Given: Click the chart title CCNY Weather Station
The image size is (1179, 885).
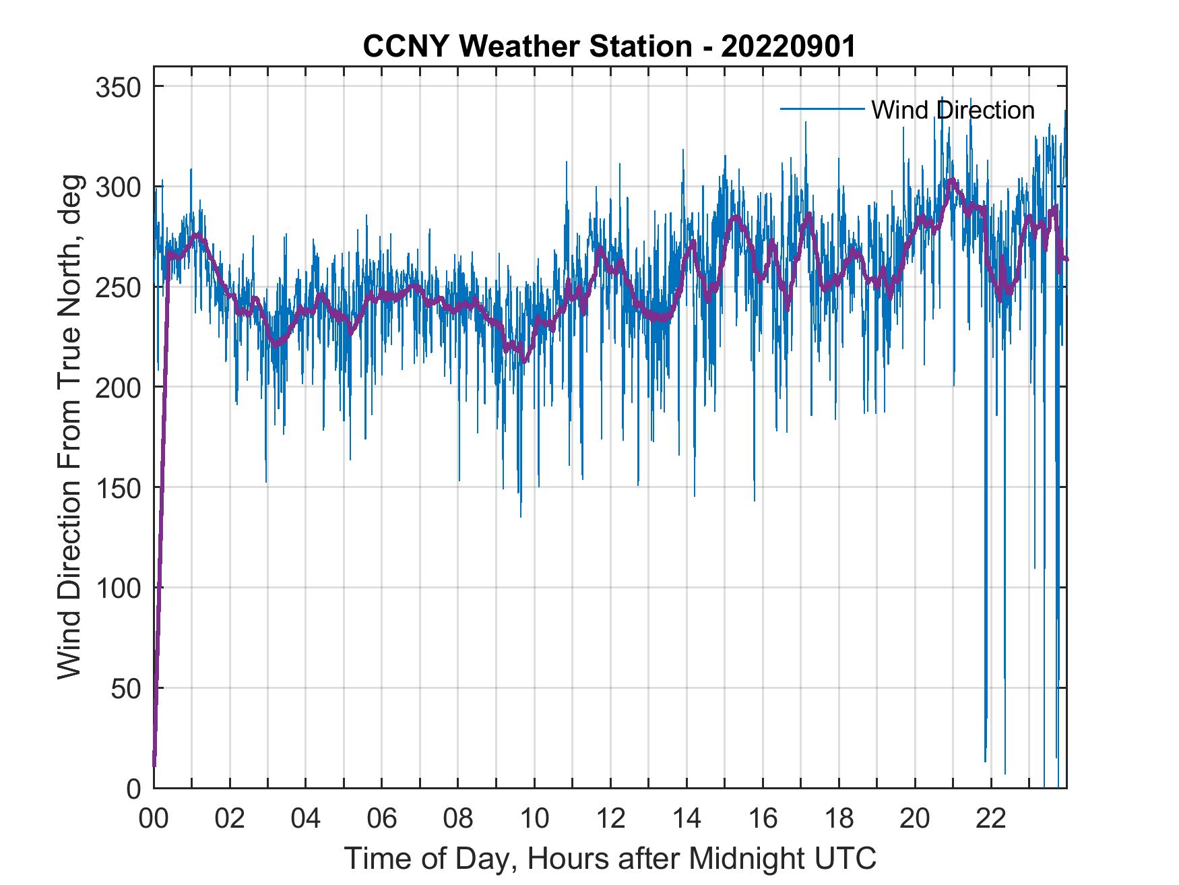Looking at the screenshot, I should pos(609,47).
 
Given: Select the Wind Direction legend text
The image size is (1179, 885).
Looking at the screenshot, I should pos(953,110).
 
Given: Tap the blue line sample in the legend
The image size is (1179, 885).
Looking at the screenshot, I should pos(822,109).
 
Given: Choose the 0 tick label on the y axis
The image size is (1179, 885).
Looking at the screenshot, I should pos(134,789).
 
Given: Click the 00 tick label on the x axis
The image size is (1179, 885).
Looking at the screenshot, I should pos(154,818).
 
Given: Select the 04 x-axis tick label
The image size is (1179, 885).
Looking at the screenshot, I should pos(306,818).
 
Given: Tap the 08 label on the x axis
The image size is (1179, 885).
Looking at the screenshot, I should pos(458,818).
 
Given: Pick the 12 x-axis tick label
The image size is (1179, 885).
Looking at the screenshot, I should pos(610,818).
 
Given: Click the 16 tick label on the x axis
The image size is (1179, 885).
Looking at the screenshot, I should pos(763,818).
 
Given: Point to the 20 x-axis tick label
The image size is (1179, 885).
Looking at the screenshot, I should pos(915,818).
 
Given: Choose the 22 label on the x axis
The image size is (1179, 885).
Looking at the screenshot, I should pos(991,818).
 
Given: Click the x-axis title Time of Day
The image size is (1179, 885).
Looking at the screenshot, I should pos(610,858).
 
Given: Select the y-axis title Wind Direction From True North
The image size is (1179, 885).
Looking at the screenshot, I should pos(70,427).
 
